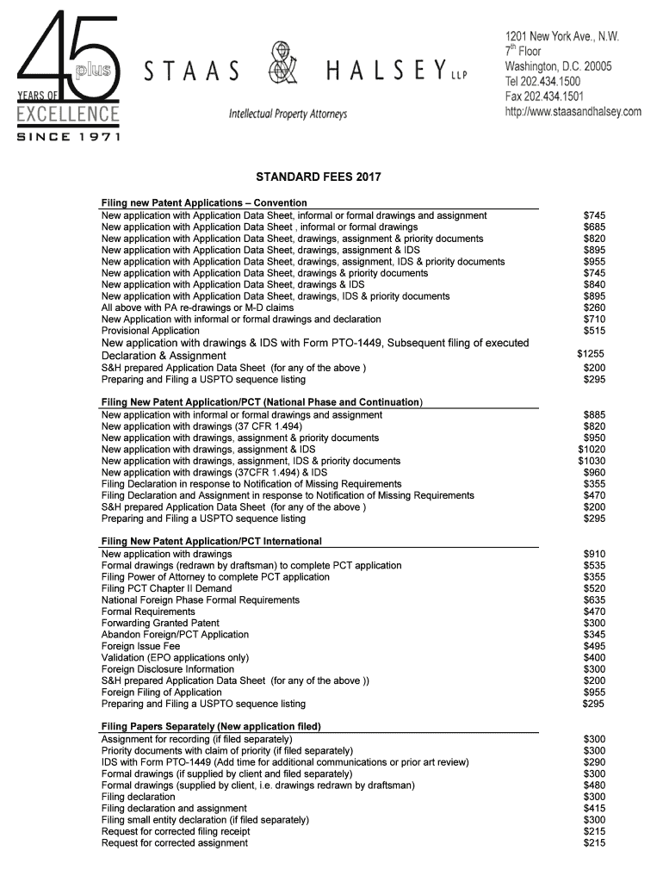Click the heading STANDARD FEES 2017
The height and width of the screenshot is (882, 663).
pyautogui.click(x=319, y=177)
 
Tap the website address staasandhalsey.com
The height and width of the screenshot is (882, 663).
pyautogui.click(x=573, y=111)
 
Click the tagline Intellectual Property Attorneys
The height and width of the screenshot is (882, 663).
pyautogui.click(x=288, y=115)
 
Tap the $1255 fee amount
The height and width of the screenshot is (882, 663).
pyautogui.click(x=591, y=354)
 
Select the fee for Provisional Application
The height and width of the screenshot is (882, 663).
pyautogui.click(x=594, y=331)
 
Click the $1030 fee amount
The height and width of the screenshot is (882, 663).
pyautogui.click(x=592, y=461)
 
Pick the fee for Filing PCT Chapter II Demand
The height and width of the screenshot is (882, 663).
pyautogui.click(x=594, y=588)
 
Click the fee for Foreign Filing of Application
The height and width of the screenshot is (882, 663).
pyautogui.click(x=594, y=693)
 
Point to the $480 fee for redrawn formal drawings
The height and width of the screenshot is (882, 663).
pyautogui.click(x=594, y=786)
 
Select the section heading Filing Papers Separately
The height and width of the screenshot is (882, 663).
pyautogui.click(x=211, y=727)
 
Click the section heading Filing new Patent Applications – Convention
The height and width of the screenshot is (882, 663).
pyautogui.click(x=204, y=203)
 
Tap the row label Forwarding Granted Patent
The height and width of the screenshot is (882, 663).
pyautogui.click(x=160, y=623)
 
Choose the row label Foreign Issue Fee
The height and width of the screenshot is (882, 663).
pyautogui.click(x=141, y=646)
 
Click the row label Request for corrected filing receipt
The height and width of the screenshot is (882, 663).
pyautogui.click(x=176, y=832)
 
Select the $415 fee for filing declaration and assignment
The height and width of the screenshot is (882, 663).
pyautogui.click(x=594, y=809)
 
